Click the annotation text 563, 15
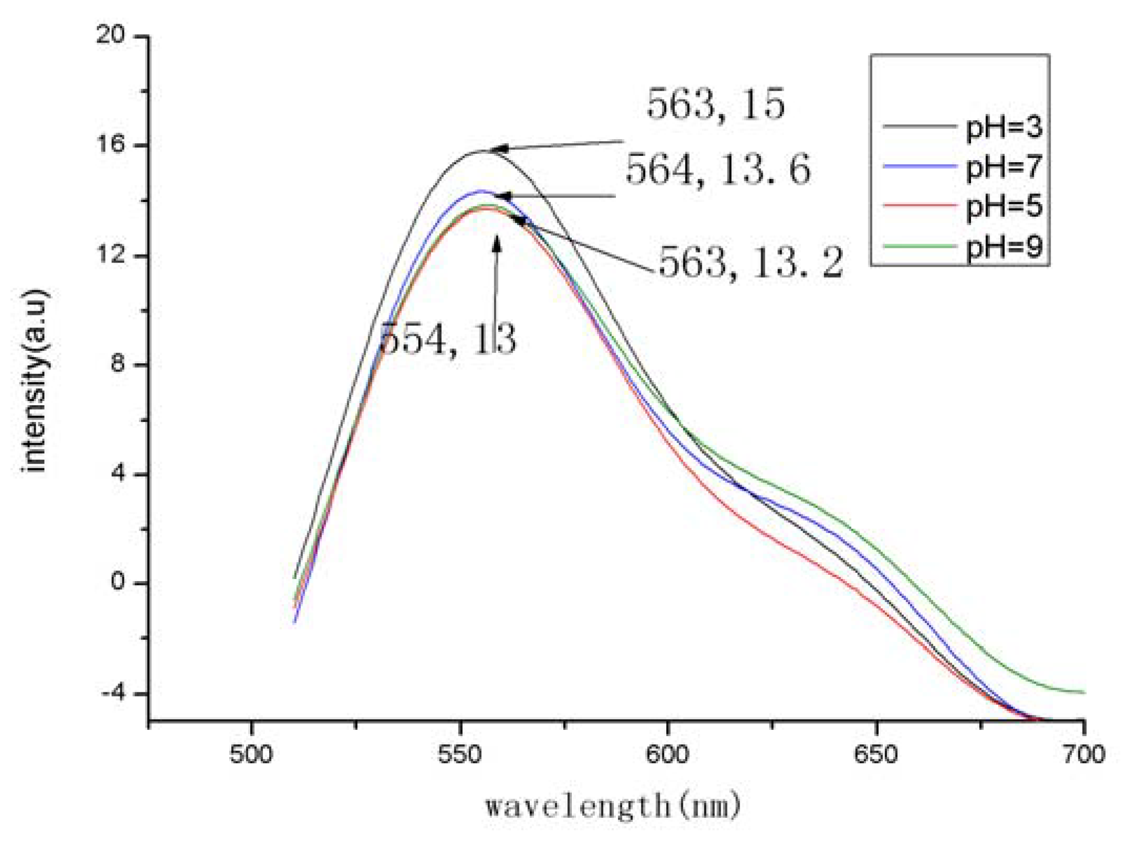pyautogui.click(x=715, y=103)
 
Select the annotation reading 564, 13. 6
pyautogui.click(x=718, y=170)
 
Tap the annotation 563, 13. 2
pyautogui.click(x=751, y=262)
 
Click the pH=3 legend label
pyautogui.click(x=1003, y=128)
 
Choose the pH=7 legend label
pyautogui.click(x=1003, y=167)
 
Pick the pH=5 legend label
pyautogui.click(x=1003, y=206)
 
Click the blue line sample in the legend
pyautogui.click(x=918, y=166)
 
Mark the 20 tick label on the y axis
pyautogui.click(x=110, y=35)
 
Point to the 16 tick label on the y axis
pyautogui.click(x=110, y=144)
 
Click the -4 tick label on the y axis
pyautogui.click(x=112, y=693)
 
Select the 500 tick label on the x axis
pyautogui.click(x=251, y=755)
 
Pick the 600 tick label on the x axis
pyautogui.click(x=667, y=755)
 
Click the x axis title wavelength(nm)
pyautogui.click(x=612, y=806)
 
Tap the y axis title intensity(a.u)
pyautogui.click(x=36, y=380)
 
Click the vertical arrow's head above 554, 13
pyautogui.click(x=496, y=243)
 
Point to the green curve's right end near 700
pyautogui.click(x=1083, y=692)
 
